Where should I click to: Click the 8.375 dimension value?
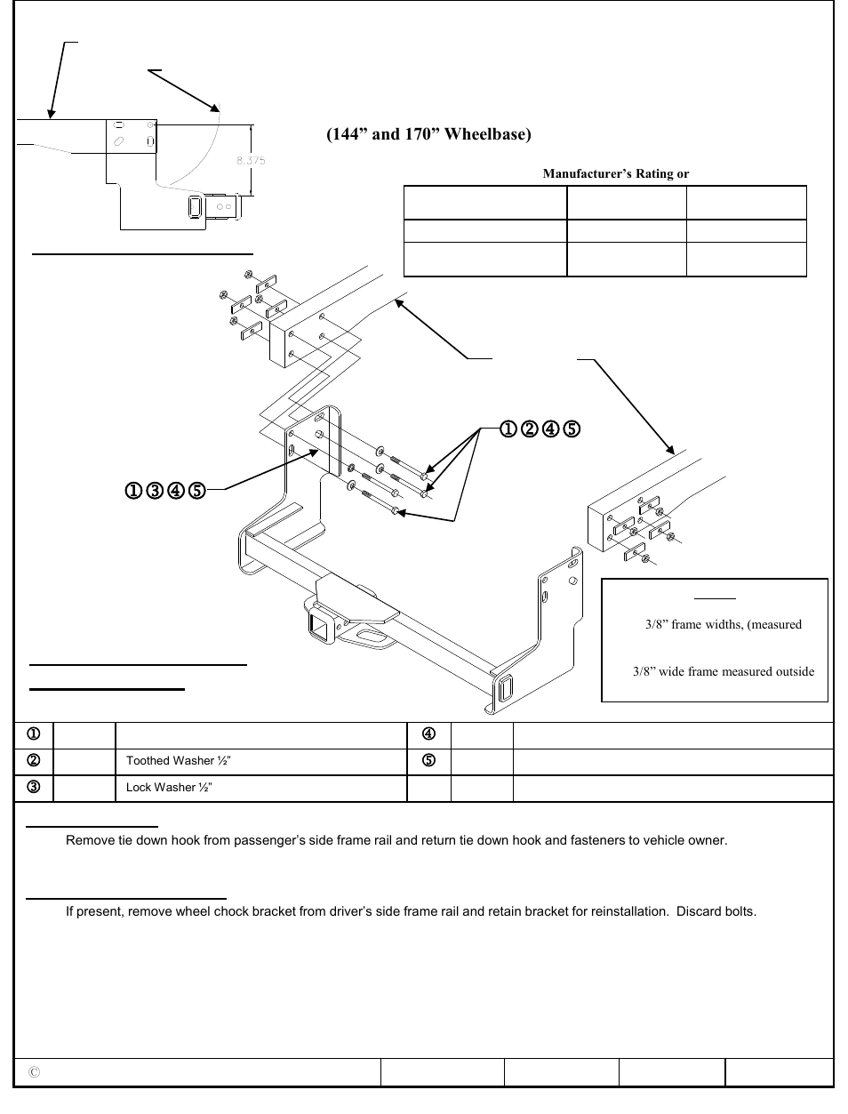pos(250,161)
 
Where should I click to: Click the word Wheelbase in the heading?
pos(488,135)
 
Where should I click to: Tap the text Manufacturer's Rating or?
pos(616,174)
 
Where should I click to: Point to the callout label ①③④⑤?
pos(164,490)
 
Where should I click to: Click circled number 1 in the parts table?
pos(32,735)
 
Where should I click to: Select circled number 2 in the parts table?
pos(32,761)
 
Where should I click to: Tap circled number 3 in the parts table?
pos(32,788)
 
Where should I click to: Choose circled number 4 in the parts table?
pos(428,735)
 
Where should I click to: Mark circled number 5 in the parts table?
pos(428,761)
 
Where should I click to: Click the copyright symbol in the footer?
pos(34,1073)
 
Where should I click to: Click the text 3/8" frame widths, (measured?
pos(723,625)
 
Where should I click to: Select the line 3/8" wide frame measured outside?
pos(723,672)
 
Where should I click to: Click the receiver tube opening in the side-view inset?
pos(195,208)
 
